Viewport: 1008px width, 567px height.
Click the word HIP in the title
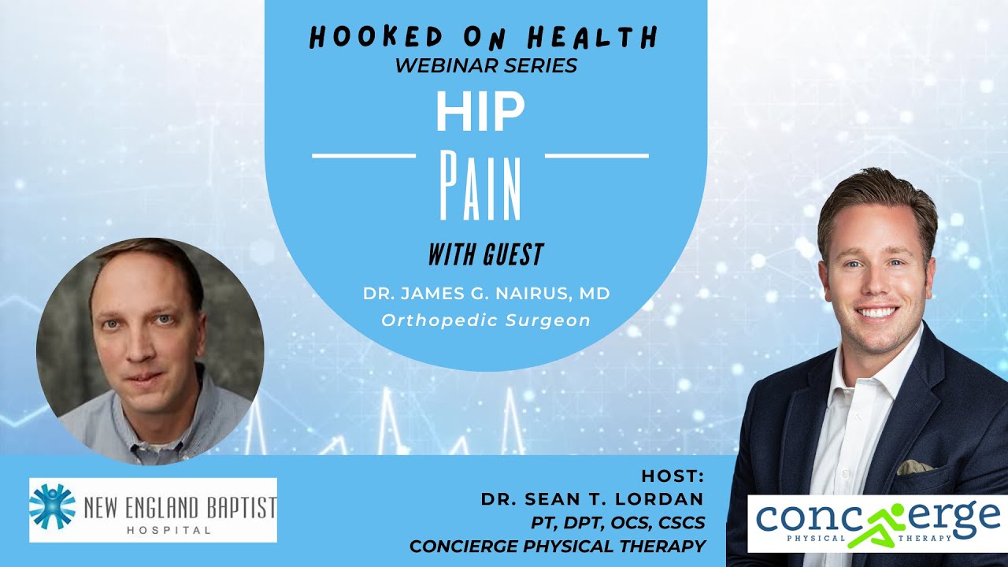coord(480,113)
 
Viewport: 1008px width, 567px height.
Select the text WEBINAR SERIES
coord(486,65)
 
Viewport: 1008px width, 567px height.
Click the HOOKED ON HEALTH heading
coord(484,36)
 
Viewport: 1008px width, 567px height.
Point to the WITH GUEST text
coord(486,254)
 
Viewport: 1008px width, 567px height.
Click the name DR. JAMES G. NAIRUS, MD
coord(486,294)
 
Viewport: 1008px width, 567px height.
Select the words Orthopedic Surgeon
coord(486,321)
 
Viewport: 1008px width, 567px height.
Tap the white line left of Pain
coord(364,156)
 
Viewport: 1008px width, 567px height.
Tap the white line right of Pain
coord(597,156)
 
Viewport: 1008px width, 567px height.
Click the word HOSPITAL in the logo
coord(169,530)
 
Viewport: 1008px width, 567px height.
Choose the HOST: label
coord(673,476)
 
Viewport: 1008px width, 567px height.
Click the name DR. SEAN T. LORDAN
coord(592,499)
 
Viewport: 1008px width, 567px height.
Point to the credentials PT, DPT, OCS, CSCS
coord(618,522)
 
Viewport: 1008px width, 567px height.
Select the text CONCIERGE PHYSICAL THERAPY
coord(557,545)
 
